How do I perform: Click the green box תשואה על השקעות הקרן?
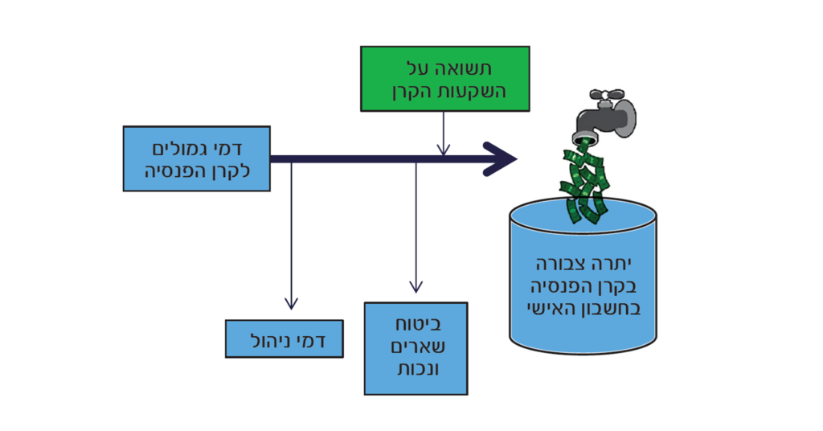(x=444, y=78)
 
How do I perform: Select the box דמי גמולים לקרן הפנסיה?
(x=196, y=158)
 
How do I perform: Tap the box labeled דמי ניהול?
(x=284, y=339)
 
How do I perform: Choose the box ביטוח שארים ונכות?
(x=416, y=348)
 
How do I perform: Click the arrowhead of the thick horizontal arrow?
(x=502, y=158)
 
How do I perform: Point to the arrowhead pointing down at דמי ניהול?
(x=292, y=304)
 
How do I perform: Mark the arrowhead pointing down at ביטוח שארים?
(x=416, y=286)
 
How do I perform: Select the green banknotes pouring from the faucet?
(x=585, y=186)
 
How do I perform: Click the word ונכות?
(x=416, y=371)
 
